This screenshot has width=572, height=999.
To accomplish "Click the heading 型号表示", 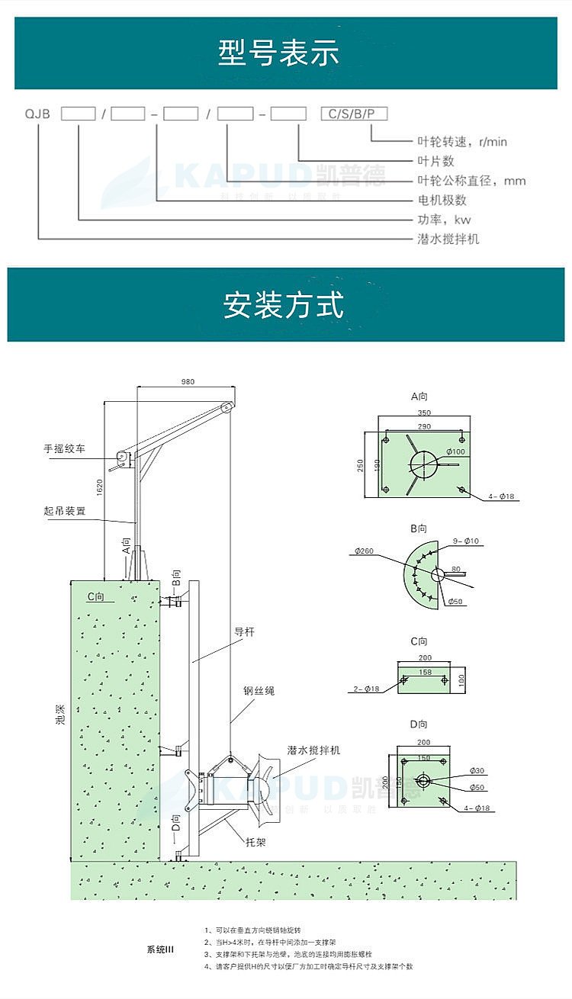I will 278,54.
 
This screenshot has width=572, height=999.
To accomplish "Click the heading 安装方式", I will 284,304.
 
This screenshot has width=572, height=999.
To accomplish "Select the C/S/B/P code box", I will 354,114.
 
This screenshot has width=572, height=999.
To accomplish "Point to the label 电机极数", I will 442,200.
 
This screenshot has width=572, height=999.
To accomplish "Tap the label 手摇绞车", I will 65,449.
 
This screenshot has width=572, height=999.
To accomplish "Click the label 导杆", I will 243,631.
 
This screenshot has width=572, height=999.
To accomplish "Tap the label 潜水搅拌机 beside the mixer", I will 313,750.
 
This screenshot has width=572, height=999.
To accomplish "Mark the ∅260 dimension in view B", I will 363,550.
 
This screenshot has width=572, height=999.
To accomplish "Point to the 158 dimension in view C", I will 425,672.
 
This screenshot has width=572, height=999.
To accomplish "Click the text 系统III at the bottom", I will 161,949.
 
